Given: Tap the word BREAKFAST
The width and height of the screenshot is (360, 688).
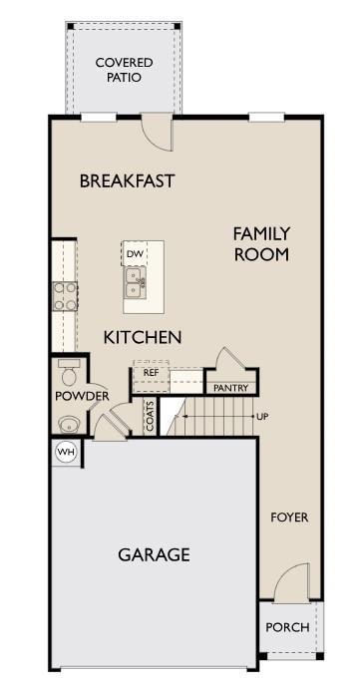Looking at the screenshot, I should click(x=127, y=181).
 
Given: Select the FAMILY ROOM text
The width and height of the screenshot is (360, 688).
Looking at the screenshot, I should click(x=261, y=244).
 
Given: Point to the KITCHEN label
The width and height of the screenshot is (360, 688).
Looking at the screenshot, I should click(x=143, y=338).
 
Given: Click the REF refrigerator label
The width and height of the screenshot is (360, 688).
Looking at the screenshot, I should click(x=151, y=373).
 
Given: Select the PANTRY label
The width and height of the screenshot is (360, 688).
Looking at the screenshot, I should click(x=230, y=387).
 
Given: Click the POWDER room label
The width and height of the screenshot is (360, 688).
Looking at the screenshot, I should click(x=82, y=397).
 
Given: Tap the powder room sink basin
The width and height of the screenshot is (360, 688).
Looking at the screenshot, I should click(x=68, y=423).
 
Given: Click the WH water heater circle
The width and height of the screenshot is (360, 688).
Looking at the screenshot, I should click(x=66, y=452).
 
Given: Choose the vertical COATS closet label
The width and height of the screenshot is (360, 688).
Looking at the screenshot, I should click(x=150, y=416).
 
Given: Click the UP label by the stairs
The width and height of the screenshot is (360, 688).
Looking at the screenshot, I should click(x=262, y=416).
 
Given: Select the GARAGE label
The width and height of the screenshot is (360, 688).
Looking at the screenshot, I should click(x=154, y=555).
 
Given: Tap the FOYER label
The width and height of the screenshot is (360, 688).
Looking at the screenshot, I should click(x=290, y=517).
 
